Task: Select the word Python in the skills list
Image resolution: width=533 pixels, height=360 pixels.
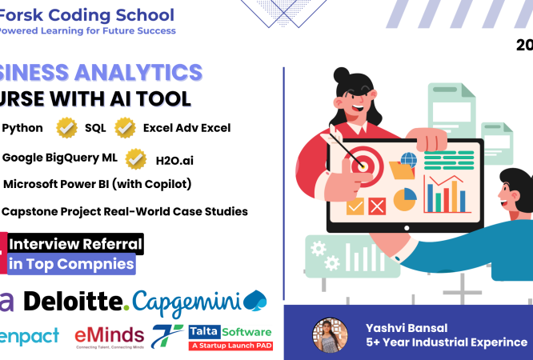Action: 23,127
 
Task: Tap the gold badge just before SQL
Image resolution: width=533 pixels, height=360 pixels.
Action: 66,127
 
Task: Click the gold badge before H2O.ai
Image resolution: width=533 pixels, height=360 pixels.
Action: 135,158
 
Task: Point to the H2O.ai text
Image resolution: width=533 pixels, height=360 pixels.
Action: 175,160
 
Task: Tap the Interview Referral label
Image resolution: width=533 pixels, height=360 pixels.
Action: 75,243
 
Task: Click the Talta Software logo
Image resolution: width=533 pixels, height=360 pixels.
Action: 230,336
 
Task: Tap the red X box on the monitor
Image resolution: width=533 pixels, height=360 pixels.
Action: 376,206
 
